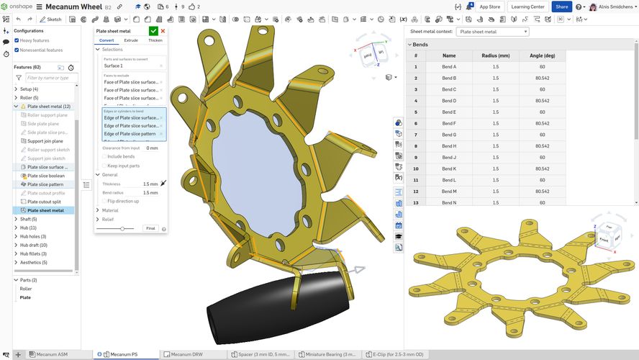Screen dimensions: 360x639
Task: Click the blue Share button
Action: (561, 6)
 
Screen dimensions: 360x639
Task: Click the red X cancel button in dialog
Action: (163, 31)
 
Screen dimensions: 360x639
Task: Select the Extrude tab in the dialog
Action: (131, 40)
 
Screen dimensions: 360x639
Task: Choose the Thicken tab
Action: (155, 40)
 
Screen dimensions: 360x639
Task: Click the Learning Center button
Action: (527, 6)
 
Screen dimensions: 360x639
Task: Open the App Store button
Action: (489, 6)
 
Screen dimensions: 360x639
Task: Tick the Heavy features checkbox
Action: (17, 40)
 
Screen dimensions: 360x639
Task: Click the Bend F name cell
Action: (449, 123)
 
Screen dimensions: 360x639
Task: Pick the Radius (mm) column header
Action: (496, 55)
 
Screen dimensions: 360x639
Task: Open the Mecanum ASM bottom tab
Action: (51, 354)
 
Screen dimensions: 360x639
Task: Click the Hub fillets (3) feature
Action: (34, 253)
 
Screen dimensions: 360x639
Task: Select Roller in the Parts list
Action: (25, 289)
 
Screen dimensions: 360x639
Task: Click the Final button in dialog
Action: (150, 228)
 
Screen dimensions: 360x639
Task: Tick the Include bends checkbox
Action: (104, 156)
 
